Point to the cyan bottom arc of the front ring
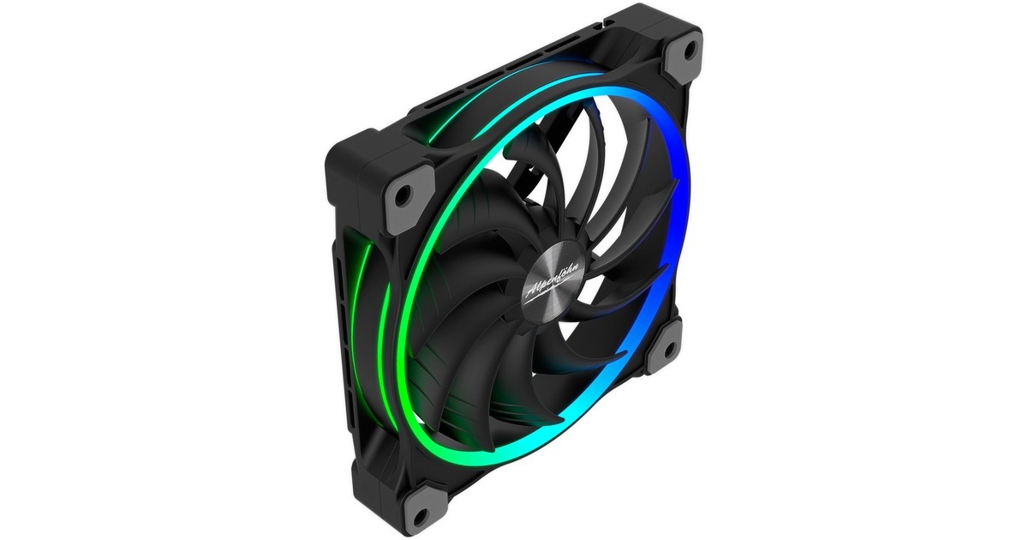(514, 450)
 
